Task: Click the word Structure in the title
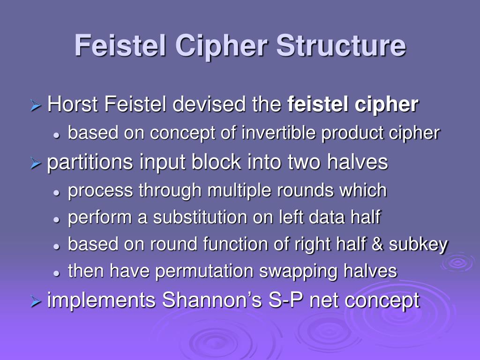[341, 46]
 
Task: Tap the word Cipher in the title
[222, 46]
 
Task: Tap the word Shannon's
[212, 300]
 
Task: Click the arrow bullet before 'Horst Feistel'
[36, 105]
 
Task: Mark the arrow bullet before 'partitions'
[36, 163]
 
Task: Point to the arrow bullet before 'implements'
[36, 301]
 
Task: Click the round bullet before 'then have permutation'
[56, 272]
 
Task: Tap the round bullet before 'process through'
[56, 192]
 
